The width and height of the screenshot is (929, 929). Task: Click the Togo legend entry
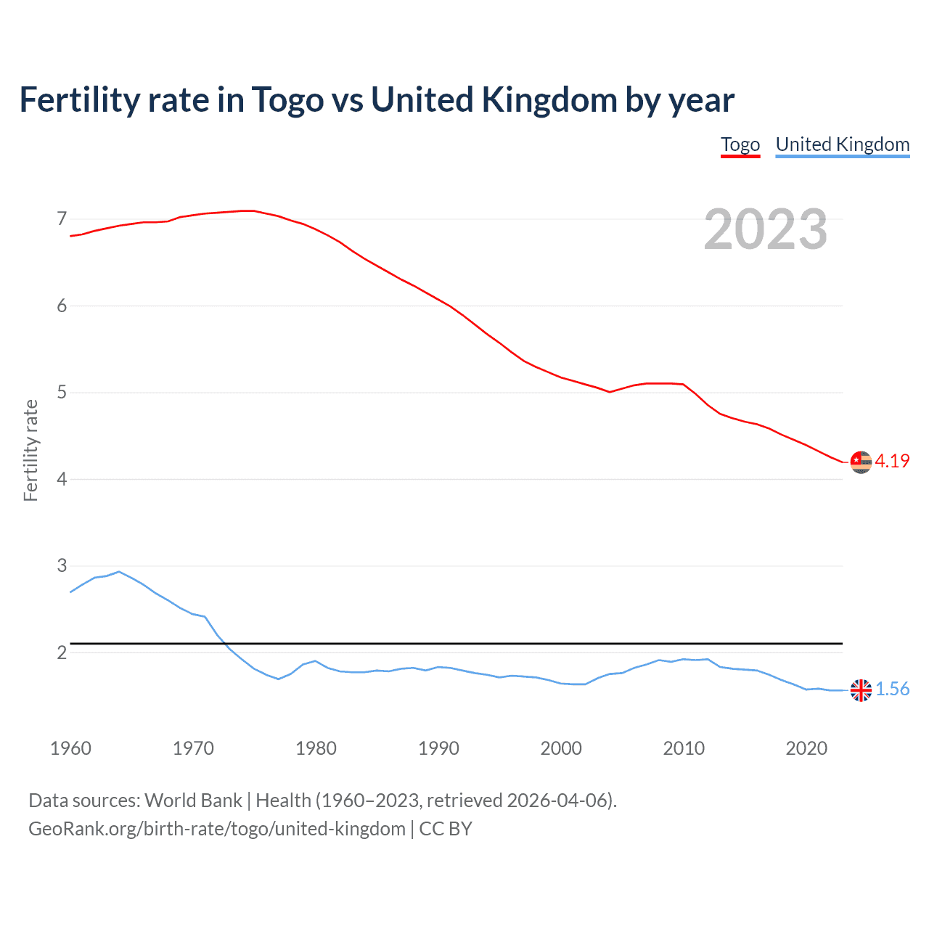(740, 144)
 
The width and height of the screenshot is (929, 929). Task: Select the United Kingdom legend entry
(842, 144)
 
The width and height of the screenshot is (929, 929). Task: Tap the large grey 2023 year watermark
(765, 229)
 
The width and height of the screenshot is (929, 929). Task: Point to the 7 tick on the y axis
(62, 218)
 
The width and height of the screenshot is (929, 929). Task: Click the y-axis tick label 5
(62, 393)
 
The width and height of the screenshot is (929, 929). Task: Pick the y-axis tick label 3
(62, 565)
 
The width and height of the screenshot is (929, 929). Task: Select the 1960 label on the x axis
(70, 748)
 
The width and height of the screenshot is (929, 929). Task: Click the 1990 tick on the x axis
(438, 748)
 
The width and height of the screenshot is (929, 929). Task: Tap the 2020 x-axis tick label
(806, 748)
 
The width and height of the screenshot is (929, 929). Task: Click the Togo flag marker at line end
(861, 462)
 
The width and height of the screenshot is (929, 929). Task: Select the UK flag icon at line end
(861, 690)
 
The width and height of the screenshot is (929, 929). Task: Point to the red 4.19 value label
(892, 461)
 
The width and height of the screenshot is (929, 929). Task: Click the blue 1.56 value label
(892, 689)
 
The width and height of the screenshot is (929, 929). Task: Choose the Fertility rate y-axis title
(30, 450)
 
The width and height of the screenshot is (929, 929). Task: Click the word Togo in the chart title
(287, 100)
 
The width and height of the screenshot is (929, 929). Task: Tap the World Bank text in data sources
(193, 801)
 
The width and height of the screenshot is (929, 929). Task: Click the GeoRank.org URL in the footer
(216, 829)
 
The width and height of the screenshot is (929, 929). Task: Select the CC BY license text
(446, 829)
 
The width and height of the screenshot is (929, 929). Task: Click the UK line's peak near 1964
(119, 571)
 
